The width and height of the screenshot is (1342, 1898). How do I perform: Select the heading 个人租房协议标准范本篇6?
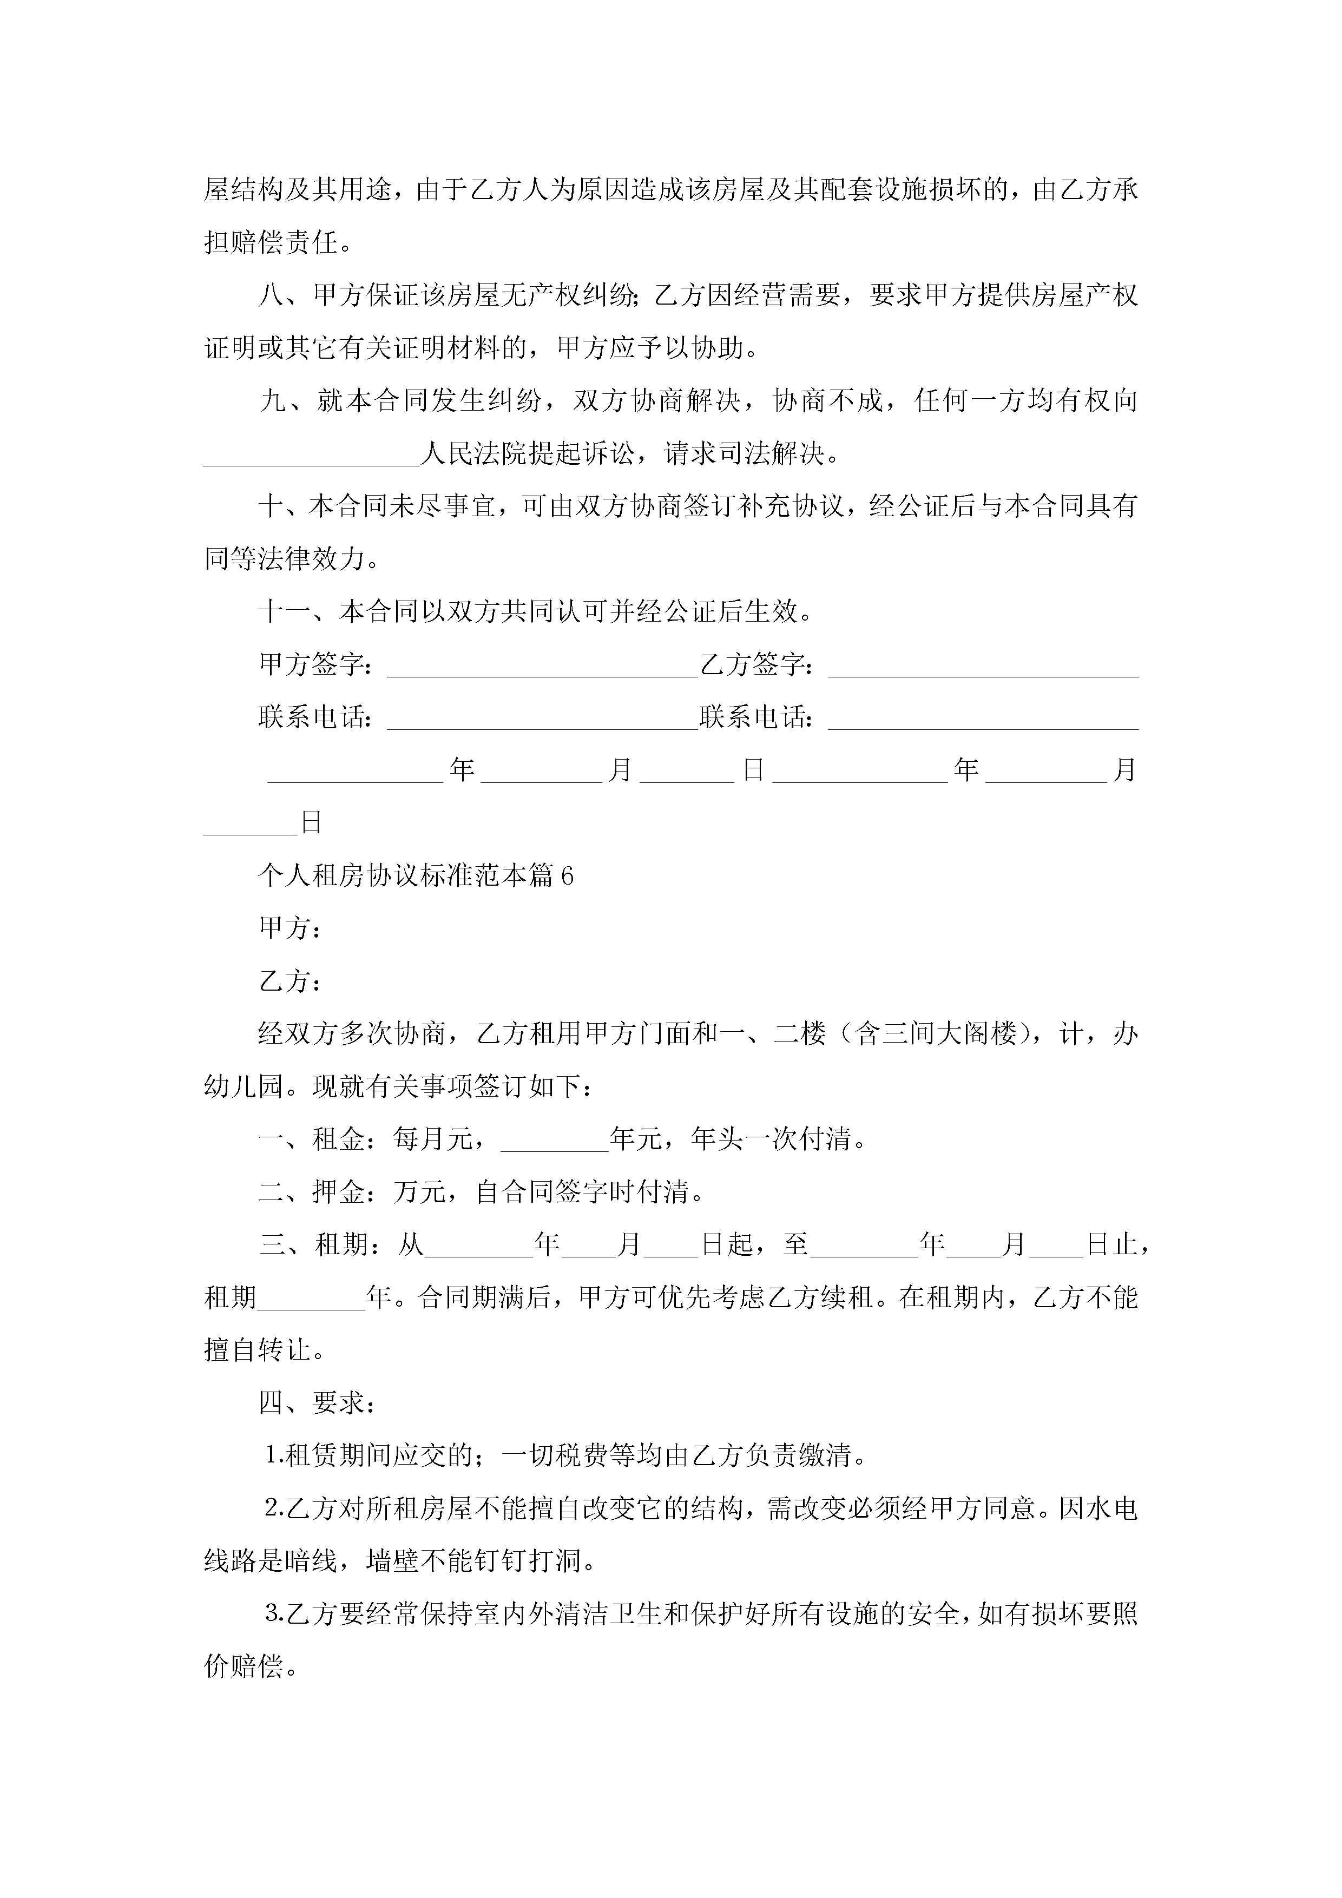coord(416,875)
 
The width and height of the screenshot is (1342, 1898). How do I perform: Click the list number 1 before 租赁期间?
coord(273,1457)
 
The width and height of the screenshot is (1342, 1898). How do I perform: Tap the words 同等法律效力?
coord(284,559)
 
